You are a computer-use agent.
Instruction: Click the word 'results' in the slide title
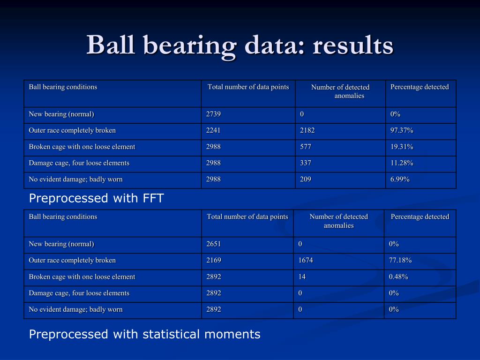coord(352,45)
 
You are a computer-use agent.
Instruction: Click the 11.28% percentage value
coord(402,163)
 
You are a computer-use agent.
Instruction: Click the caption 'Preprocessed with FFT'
coord(97,198)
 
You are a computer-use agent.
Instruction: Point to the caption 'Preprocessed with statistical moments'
coord(144,334)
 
